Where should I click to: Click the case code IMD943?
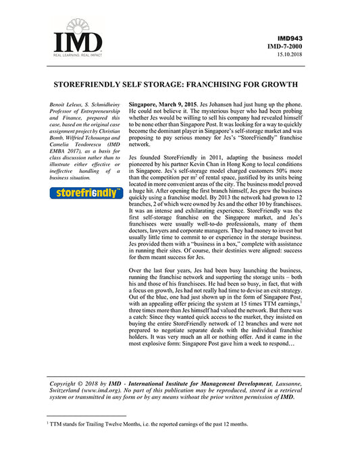[298, 38]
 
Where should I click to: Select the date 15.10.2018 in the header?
[299, 55]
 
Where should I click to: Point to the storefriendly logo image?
[86, 193]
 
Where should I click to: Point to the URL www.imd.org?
[103, 391]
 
